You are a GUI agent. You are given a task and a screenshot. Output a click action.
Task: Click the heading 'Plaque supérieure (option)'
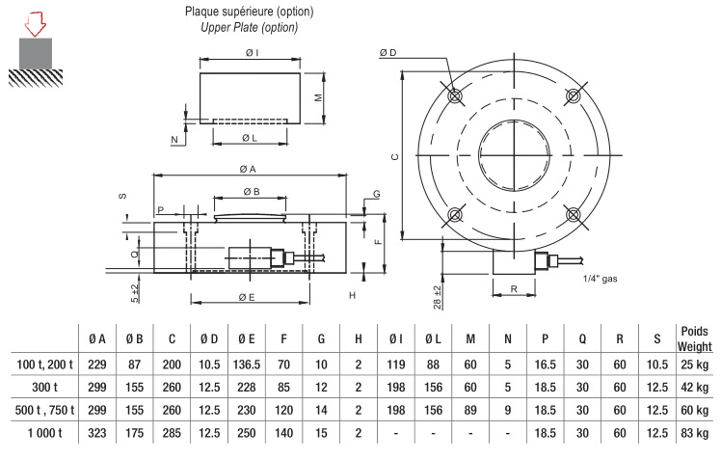pos(249,12)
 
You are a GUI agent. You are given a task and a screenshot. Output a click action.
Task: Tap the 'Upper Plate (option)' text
pos(249,27)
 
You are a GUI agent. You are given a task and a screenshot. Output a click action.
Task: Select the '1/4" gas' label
pos(601,279)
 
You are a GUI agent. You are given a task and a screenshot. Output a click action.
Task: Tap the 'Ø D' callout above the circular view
pos(388,52)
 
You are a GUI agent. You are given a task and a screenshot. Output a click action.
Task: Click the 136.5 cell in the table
pos(246,364)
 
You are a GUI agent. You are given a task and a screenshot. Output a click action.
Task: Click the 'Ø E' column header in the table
pos(246,338)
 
